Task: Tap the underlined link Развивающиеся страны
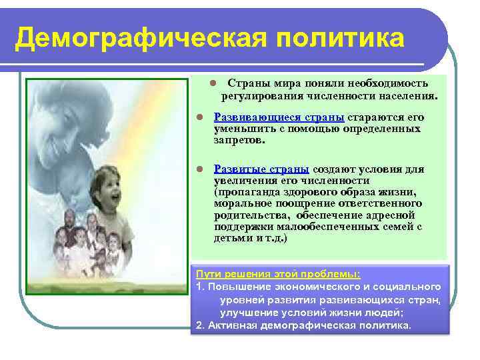pos(279,117)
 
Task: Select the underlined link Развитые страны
pos(261,169)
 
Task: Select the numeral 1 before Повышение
pos(199,287)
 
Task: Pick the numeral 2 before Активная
pos(200,325)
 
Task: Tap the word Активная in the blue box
pos(236,325)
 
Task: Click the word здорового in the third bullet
pos(293,192)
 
